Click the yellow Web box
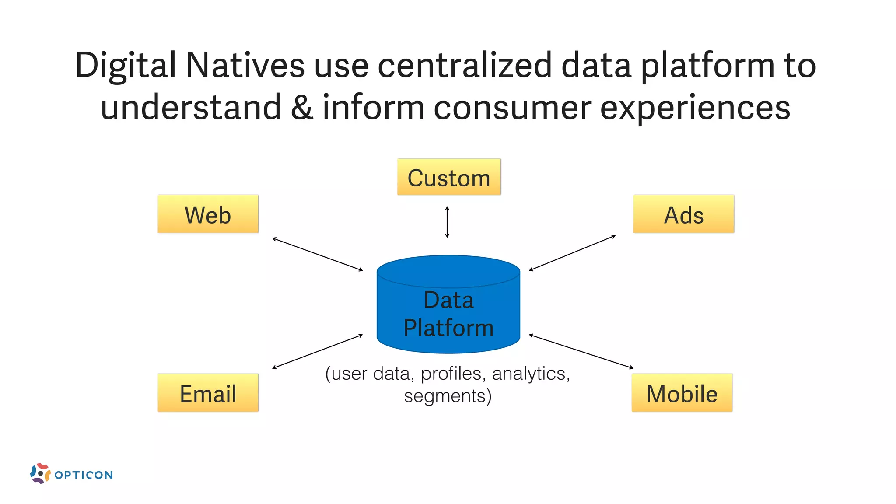coord(208,214)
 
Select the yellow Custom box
coord(449,177)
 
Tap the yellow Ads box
coord(683,214)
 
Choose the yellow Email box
coord(208,393)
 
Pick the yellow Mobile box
coord(682,393)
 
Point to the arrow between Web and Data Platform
coord(318,254)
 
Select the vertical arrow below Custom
coord(447,222)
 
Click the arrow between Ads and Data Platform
coord(572,253)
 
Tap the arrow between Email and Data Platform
coord(318,352)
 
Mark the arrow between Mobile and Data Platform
coord(581,351)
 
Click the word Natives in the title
coord(245,66)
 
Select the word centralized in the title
coord(465,66)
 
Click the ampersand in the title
coord(302,108)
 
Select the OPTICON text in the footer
coord(84,475)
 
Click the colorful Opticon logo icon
coord(40,473)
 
